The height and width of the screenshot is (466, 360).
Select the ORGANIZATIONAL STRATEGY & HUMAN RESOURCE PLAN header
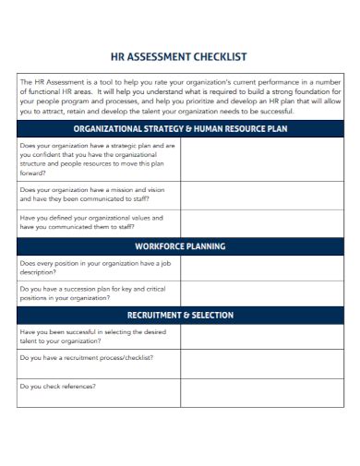coord(181,128)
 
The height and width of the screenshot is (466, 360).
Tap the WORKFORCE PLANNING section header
coord(181,246)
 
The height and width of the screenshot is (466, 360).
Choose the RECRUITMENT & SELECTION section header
coord(181,315)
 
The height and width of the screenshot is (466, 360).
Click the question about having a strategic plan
coord(98,159)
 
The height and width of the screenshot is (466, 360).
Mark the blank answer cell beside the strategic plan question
coord(262,159)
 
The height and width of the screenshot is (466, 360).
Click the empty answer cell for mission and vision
coord(262,195)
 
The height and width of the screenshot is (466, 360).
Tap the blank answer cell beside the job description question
coord(262,268)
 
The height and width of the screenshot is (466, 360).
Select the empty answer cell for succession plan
coord(262,293)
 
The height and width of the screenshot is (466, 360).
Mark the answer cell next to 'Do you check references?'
coord(262,390)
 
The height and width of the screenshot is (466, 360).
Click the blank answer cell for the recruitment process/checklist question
coord(262,363)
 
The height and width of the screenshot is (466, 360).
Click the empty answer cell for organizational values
coord(262,222)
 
